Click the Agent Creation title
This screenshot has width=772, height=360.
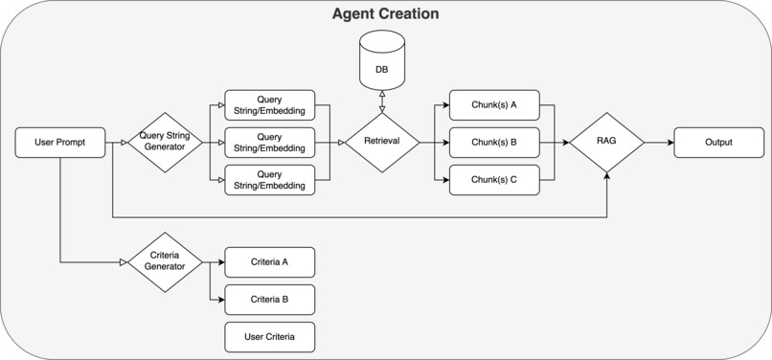tap(385, 14)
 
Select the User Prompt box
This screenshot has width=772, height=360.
tap(60, 143)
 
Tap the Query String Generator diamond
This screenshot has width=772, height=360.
tap(165, 143)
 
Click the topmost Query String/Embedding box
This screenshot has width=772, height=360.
tap(269, 105)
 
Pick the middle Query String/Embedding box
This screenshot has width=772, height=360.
tap(269, 143)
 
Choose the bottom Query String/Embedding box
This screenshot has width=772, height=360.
tap(269, 180)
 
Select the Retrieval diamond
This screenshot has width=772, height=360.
tap(381, 143)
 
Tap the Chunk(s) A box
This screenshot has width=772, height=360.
tap(494, 105)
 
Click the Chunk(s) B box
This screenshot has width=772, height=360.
tap(494, 143)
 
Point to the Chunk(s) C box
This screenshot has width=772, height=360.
tap(494, 180)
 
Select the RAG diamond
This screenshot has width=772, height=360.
tap(606, 143)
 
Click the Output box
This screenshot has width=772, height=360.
tap(718, 143)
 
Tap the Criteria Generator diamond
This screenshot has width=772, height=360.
tap(165, 261)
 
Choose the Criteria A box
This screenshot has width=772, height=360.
tap(269, 261)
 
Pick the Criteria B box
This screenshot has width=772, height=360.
tap(269, 299)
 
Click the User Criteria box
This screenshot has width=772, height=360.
tap(269, 337)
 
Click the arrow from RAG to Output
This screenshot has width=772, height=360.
tap(659, 143)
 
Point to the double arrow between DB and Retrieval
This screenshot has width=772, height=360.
tap(381, 101)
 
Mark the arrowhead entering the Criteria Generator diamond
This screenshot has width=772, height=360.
tap(124, 261)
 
